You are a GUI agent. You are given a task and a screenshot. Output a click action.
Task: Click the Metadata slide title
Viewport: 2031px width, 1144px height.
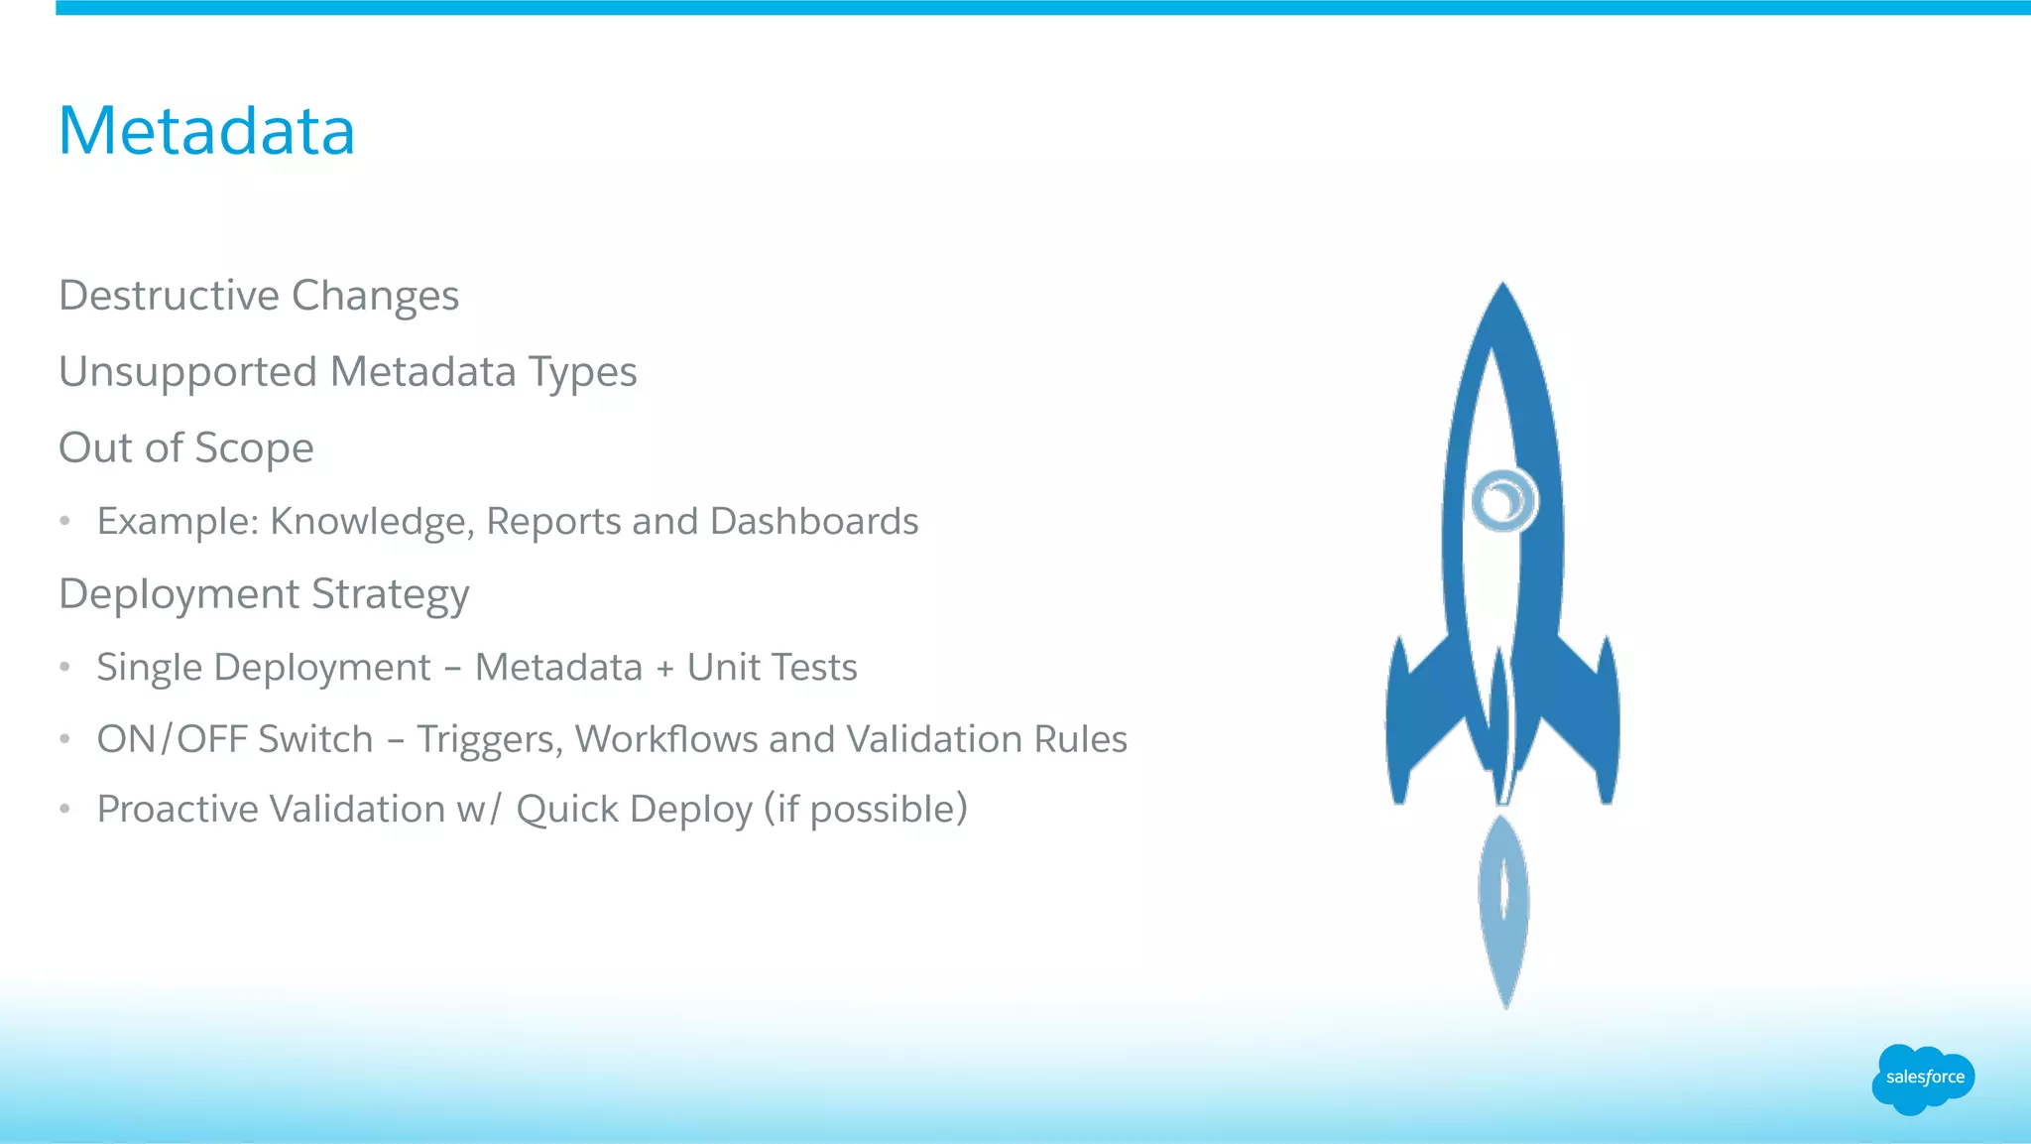(206, 131)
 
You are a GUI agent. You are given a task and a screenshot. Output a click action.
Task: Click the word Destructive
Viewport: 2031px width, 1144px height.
(169, 296)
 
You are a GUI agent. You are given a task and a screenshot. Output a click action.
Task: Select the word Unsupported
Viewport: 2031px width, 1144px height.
(187, 373)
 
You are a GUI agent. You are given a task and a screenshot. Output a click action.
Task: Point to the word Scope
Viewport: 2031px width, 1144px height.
(254, 448)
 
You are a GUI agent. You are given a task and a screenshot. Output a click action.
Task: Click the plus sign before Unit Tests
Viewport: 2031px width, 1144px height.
(664, 669)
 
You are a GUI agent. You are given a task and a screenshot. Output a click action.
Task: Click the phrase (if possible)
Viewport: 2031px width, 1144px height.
(865, 810)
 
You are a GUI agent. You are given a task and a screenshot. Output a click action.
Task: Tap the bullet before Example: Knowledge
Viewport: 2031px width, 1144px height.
(64, 522)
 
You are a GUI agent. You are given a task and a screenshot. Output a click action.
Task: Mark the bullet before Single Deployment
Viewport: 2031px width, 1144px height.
(64, 668)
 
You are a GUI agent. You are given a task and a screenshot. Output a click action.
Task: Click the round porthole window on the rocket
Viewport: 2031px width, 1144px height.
(1503, 500)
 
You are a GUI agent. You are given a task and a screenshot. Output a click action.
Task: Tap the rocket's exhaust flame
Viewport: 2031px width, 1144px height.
(1504, 908)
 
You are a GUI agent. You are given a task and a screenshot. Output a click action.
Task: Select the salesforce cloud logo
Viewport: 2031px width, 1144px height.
(1924, 1079)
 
